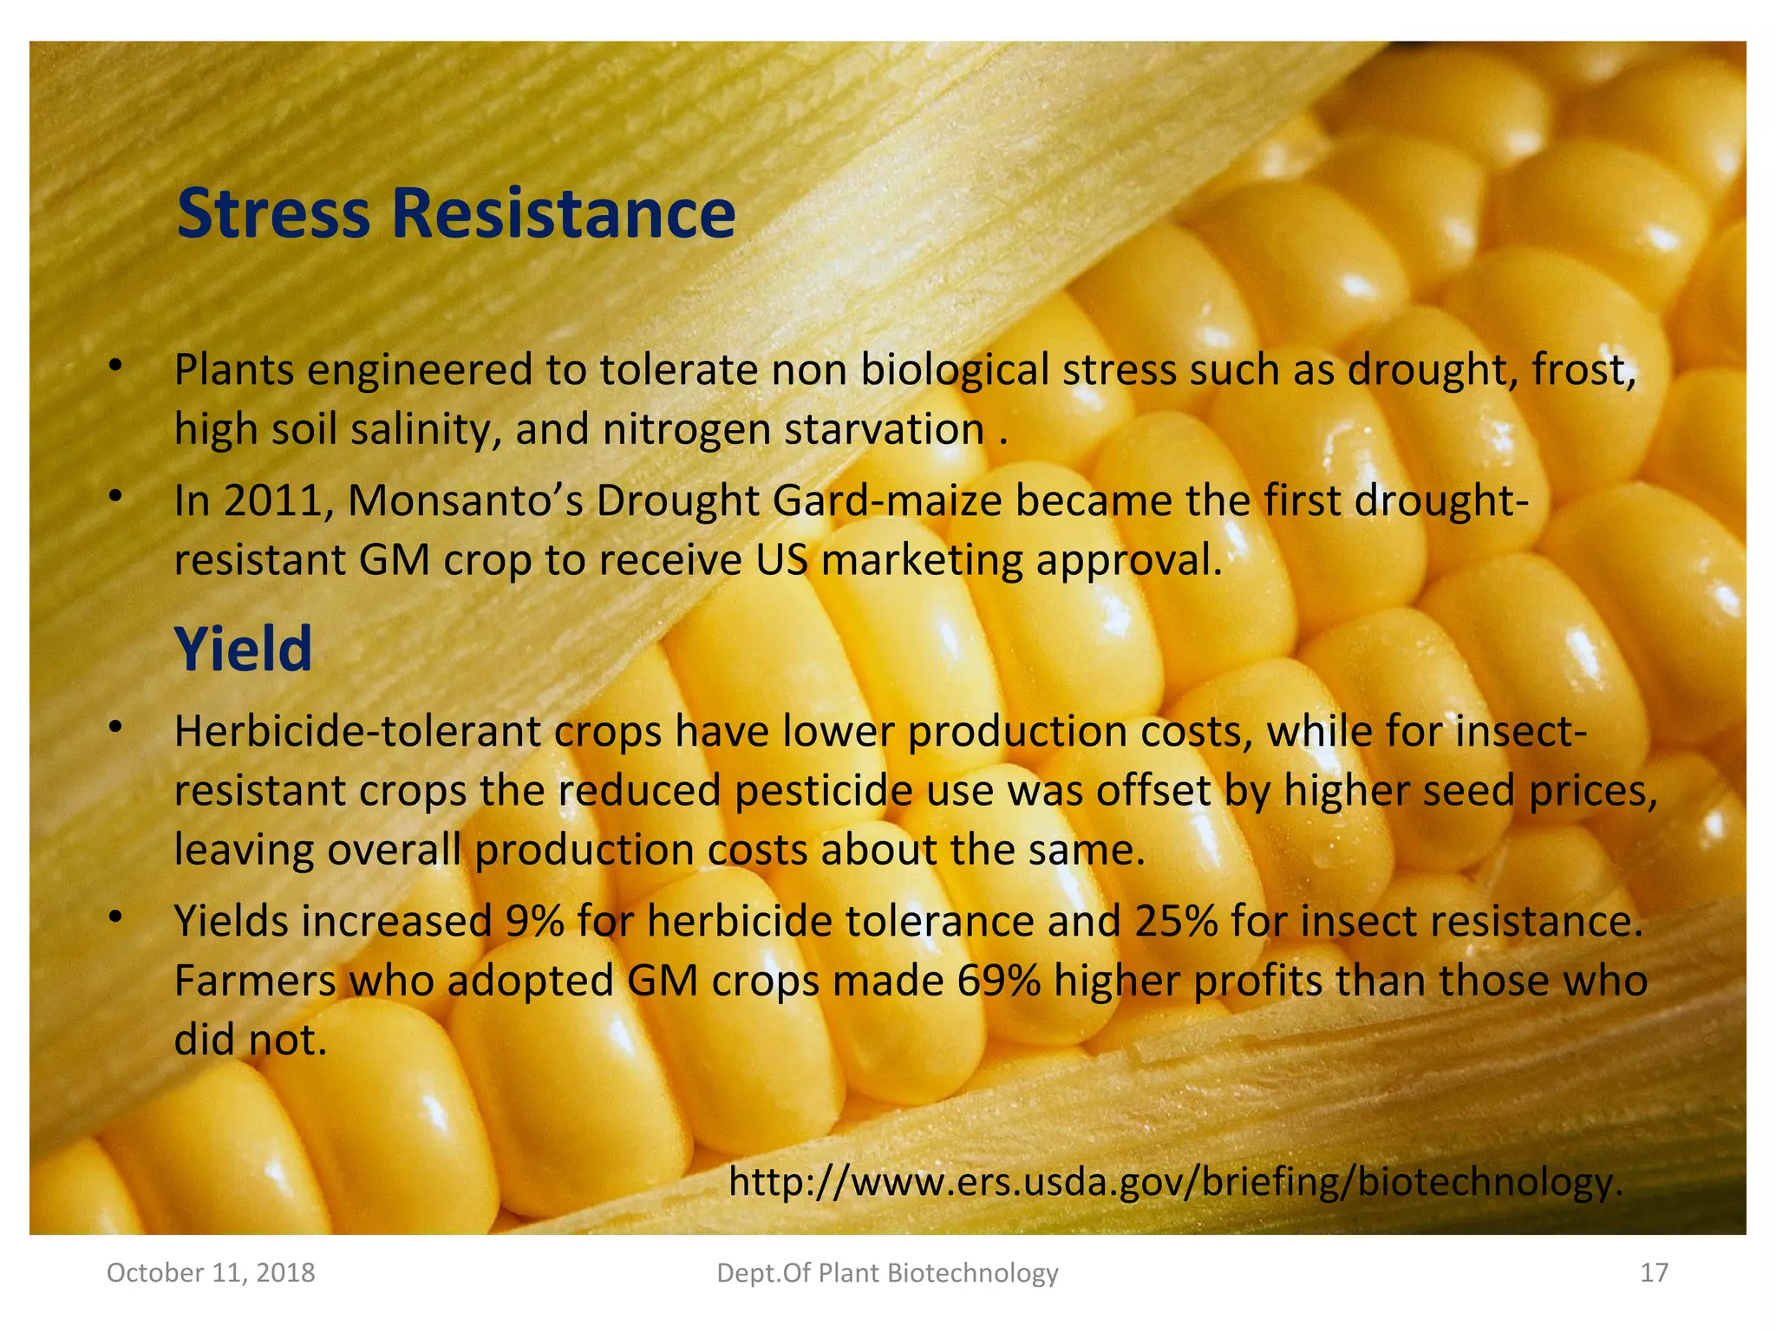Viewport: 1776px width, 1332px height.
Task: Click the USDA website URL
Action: coord(1175,1181)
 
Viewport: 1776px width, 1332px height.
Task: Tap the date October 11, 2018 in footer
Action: coord(211,1272)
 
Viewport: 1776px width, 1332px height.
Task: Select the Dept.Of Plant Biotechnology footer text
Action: coord(888,1272)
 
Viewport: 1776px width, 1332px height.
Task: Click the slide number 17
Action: coord(1654,1272)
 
